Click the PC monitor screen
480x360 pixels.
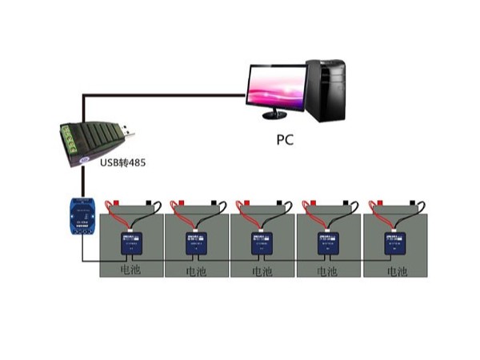tap(276, 87)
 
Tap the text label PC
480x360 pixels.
tap(286, 140)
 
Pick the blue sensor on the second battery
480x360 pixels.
tap(194, 243)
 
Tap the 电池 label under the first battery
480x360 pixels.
tap(130, 270)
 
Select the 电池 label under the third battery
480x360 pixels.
tap(262, 272)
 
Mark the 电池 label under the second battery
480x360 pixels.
tap(195, 272)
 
